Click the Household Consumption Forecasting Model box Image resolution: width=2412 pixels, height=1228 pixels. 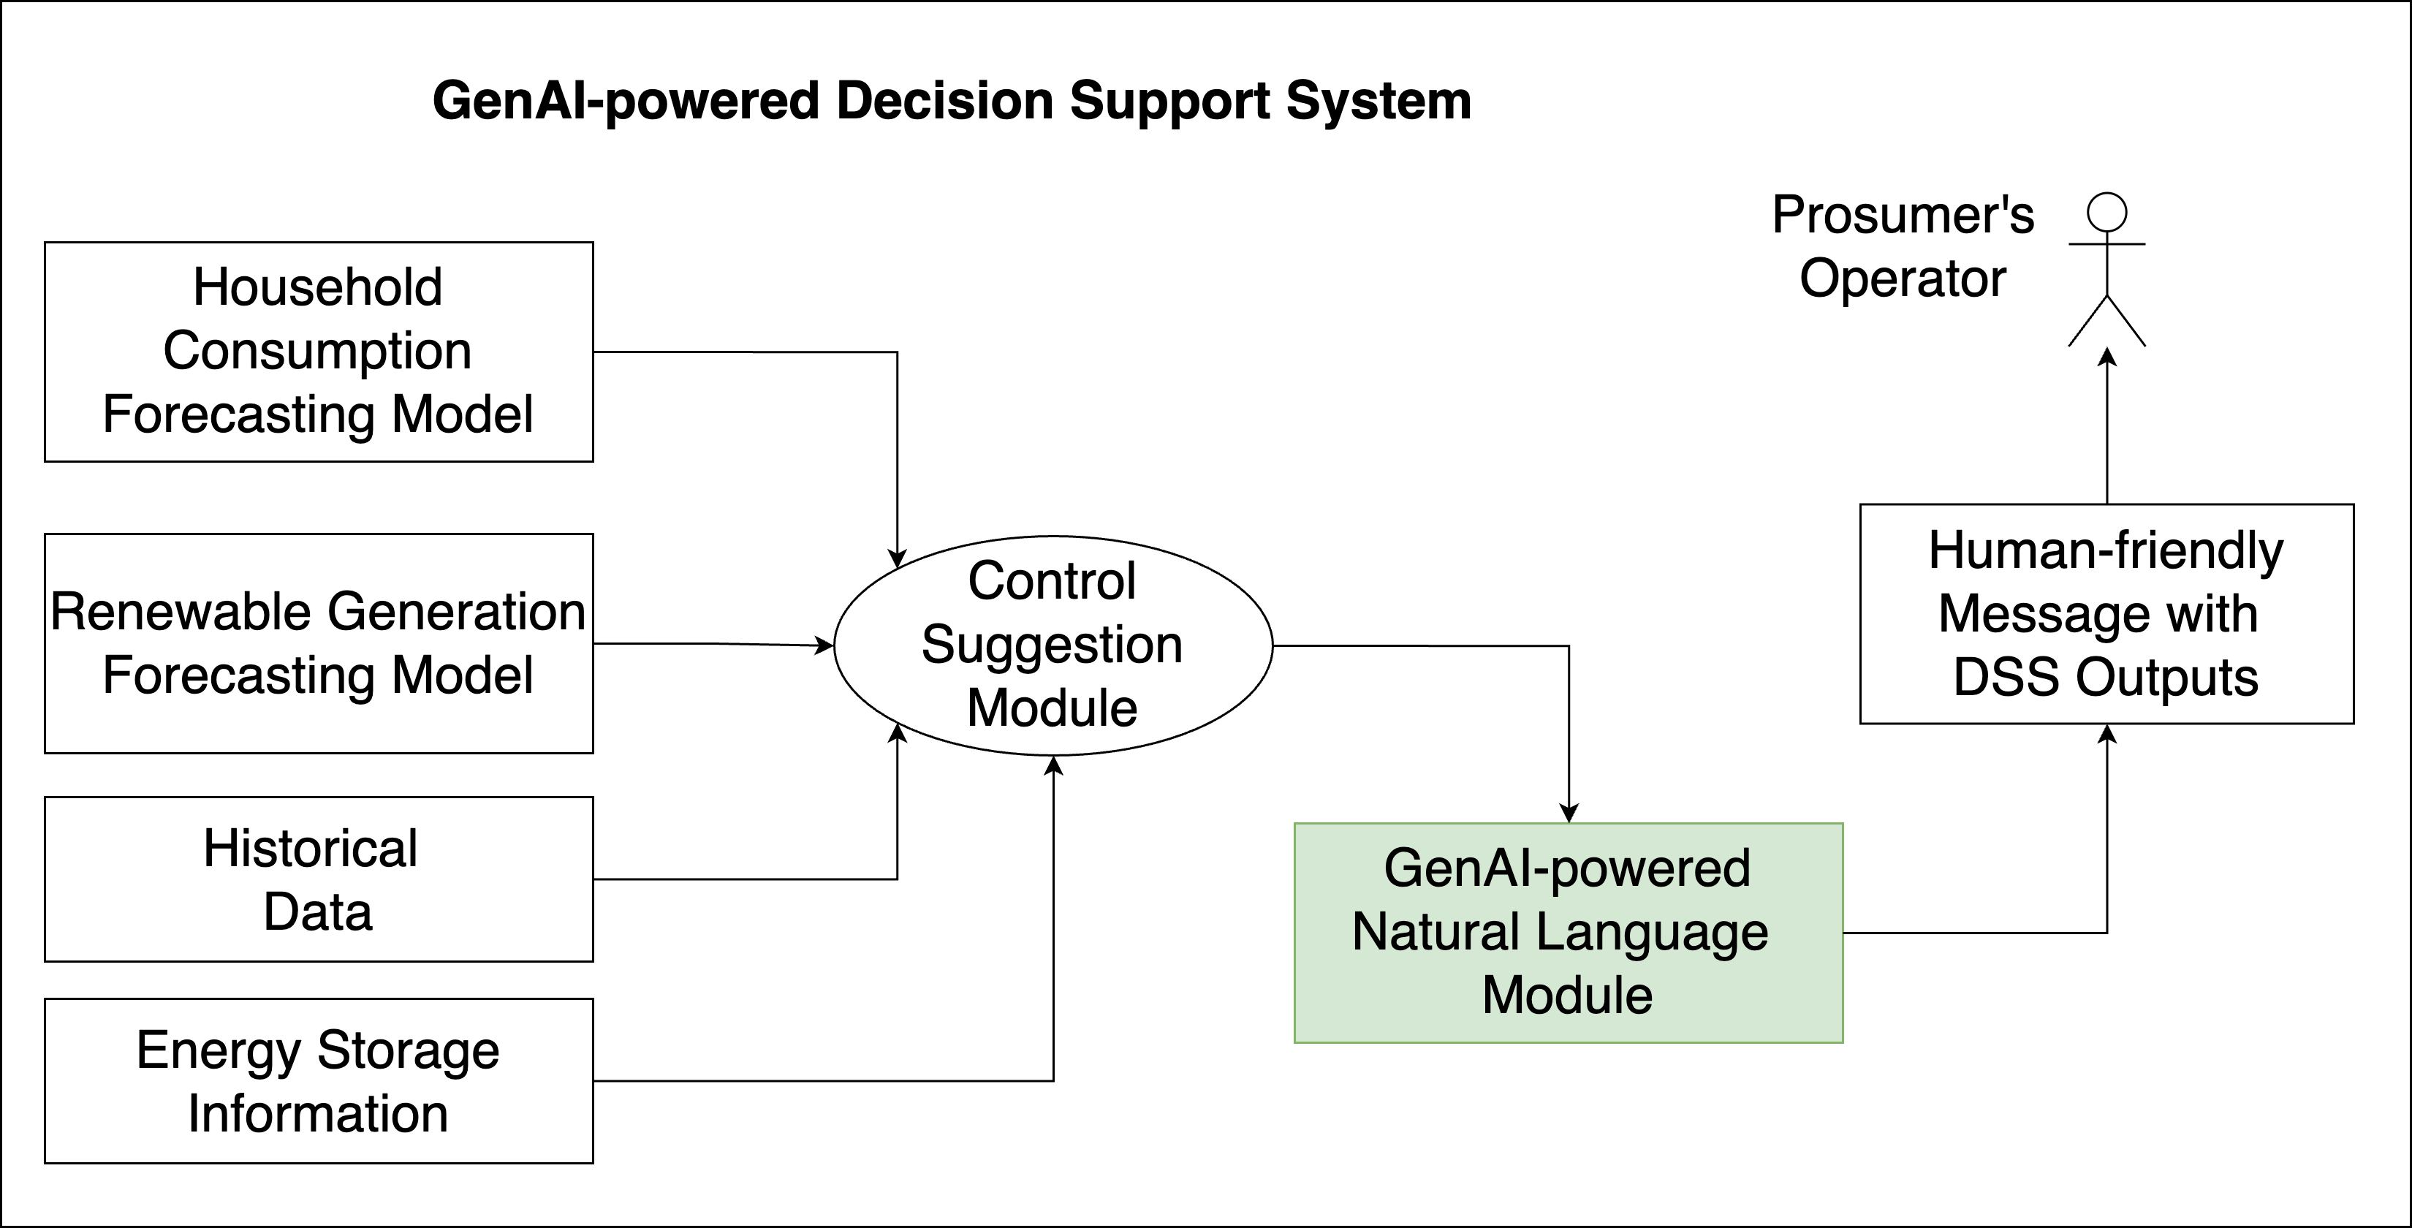point(319,352)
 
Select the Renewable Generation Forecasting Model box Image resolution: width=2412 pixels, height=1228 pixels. point(319,643)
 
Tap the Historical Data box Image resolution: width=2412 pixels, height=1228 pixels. point(319,879)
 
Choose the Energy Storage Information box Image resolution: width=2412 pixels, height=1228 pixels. point(319,1080)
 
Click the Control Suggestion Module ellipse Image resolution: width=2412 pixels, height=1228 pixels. point(1053,645)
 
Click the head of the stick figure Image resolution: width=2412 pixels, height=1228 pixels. point(2106,213)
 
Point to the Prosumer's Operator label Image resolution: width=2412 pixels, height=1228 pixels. point(1903,246)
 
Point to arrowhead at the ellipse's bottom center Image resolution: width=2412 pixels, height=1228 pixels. point(1053,766)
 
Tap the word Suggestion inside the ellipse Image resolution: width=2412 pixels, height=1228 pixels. point(1053,645)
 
